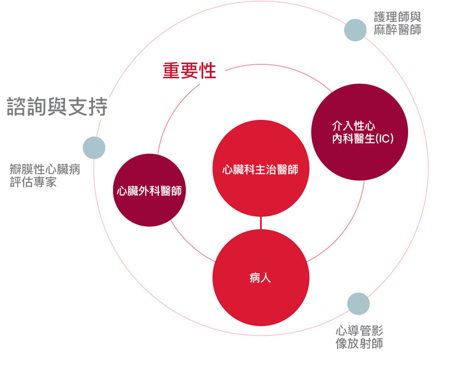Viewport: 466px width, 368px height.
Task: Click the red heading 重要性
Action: pyautogui.click(x=189, y=71)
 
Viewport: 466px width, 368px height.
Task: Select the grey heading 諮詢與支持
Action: pyautogui.click(x=57, y=106)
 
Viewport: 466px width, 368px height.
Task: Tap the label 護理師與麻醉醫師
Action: pyautogui.click(x=397, y=23)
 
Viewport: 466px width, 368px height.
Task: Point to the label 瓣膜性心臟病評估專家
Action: pyautogui.click(x=45, y=176)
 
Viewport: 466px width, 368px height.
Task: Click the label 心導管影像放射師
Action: pyautogui.click(x=360, y=337)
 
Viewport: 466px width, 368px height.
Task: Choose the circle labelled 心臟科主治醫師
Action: pyautogui.click(x=261, y=168)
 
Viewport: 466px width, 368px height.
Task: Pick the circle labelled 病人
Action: pyautogui.click(x=261, y=277)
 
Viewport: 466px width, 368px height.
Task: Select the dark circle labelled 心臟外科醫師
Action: pyautogui.click(x=149, y=190)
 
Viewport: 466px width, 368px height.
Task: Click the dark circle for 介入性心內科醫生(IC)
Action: pyautogui.click(x=360, y=132)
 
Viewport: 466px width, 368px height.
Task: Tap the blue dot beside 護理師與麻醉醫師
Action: pyautogui.click(x=355, y=30)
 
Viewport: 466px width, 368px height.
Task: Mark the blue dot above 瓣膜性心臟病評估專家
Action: pyautogui.click(x=94, y=148)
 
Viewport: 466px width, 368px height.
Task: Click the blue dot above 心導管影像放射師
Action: pyautogui.click(x=359, y=303)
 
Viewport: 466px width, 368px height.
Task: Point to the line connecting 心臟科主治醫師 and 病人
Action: pyautogui.click(x=261, y=223)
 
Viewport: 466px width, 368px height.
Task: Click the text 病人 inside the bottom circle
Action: pyautogui.click(x=260, y=278)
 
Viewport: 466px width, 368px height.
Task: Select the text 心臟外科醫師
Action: pyautogui.click(x=149, y=191)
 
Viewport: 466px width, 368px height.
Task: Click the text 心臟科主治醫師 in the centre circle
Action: pyautogui.click(x=260, y=170)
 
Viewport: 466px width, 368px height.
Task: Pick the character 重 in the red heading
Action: pyautogui.click(x=172, y=71)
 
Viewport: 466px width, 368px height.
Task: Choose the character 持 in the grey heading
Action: pyautogui.click(x=98, y=106)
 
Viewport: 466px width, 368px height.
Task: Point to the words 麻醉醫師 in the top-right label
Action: pyautogui.click(x=397, y=30)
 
